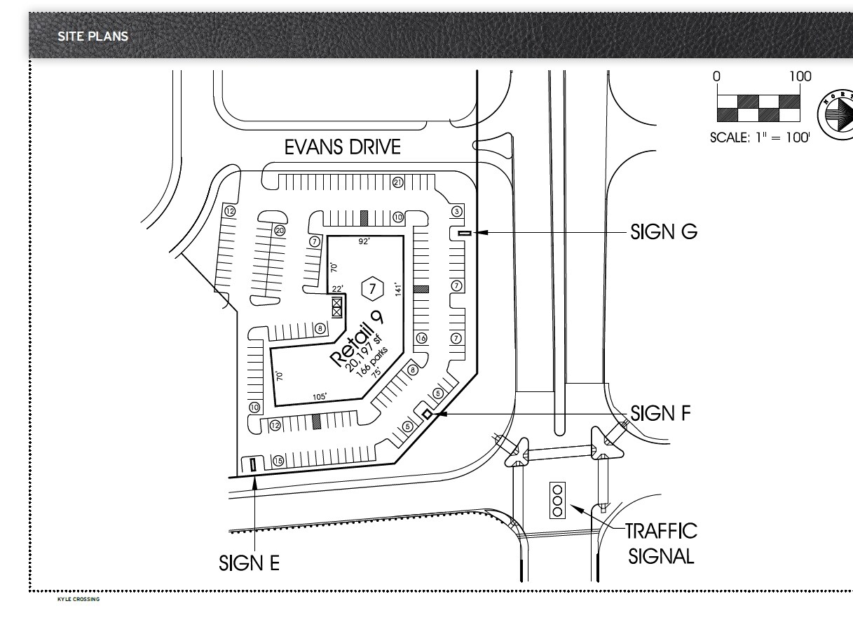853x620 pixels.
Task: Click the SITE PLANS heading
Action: click(93, 36)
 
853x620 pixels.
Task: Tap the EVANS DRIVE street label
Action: click(343, 147)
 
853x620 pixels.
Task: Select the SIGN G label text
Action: click(664, 232)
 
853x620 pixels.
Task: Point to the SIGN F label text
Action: click(660, 414)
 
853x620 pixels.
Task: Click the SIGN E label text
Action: click(249, 562)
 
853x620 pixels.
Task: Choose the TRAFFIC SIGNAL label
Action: click(661, 544)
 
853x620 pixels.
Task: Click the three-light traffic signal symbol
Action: click(558, 500)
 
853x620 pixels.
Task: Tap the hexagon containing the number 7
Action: click(373, 288)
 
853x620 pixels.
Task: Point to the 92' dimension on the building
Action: click(364, 242)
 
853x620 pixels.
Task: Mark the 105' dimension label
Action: click(319, 397)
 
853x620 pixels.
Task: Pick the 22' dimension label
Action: click(337, 289)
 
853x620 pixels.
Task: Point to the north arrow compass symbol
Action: click(836, 114)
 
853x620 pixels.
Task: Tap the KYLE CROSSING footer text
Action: click(79, 600)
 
